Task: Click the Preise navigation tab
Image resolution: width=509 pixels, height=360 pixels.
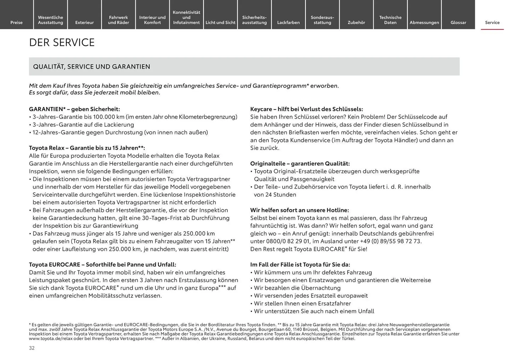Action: [16, 23]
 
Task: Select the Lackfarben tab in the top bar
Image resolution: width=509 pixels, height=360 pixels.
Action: [288, 23]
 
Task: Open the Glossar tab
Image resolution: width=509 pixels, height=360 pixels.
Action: [458, 23]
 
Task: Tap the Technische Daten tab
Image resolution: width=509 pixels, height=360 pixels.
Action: [390, 20]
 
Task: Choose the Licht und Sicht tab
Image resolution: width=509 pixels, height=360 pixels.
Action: [220, 23]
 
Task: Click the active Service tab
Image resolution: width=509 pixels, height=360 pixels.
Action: [492, 23]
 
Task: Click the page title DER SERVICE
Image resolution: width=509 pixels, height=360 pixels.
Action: [62, 43]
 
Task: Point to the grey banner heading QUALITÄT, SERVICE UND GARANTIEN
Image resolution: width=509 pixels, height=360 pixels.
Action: [91, 67]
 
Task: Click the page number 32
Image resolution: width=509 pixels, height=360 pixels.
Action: [32, 348]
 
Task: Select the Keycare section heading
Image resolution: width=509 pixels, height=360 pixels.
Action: [306, 109]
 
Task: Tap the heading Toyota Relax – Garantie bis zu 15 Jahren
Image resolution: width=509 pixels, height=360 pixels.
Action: [87, 148]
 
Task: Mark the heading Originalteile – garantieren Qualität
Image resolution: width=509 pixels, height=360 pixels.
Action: [300, 164]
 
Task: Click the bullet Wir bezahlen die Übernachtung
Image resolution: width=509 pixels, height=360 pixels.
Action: [297, 288]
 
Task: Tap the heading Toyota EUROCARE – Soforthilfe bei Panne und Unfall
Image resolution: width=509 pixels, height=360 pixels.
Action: [102, 265]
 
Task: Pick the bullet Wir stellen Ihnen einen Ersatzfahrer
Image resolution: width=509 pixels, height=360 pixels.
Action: [302, 304]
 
